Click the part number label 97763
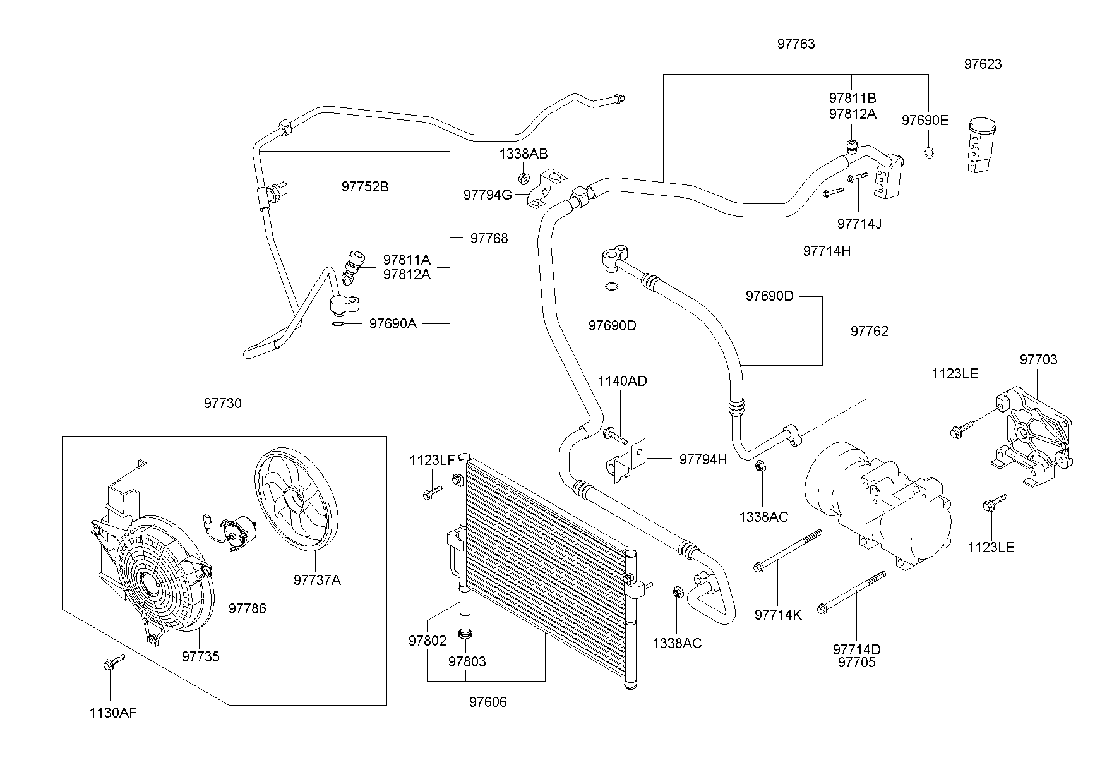coord(796,44)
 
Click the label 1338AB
coord(524,154)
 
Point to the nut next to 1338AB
coord(524,178)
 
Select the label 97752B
coord(365,186)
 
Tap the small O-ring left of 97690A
coord(338,324)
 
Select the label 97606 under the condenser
coord(488,702)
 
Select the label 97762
coord(869,331)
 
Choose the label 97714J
coord(859,224)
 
